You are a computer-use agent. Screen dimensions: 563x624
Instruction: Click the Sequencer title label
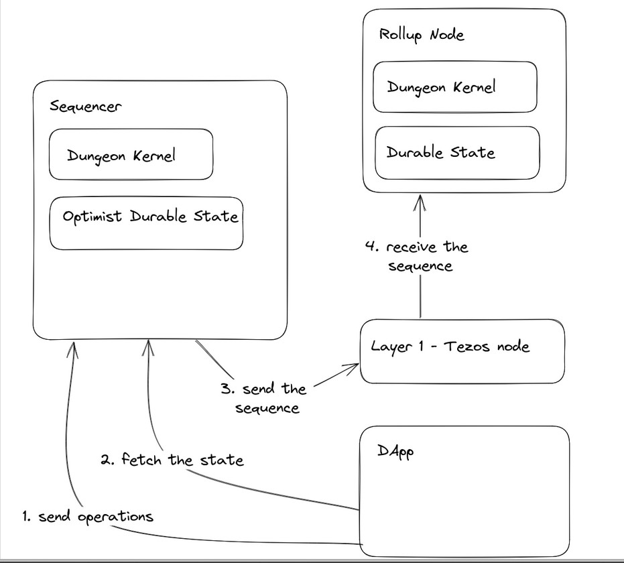[85, 107]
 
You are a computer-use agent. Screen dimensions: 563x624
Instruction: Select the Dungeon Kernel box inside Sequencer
[131, 154]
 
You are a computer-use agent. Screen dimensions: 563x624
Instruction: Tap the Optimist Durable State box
[147, 223]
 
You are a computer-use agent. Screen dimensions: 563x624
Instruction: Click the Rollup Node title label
[422, 34]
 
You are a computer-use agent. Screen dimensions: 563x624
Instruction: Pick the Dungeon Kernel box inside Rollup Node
[454, 87]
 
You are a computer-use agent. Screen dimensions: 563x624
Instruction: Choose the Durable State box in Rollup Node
[456, 153]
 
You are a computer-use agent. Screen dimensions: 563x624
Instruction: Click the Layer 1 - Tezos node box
[462, 351]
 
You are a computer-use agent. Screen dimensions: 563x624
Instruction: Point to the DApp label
[395, 451]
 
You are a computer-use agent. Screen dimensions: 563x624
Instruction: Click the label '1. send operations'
[87, 516]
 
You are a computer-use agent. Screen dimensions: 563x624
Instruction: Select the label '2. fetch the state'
[172, 460]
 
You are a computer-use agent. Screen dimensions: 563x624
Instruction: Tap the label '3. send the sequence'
[263, 398]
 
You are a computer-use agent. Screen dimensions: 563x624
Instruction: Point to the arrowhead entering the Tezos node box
[353, 367]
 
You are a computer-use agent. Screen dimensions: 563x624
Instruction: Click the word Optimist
[92, 217]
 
